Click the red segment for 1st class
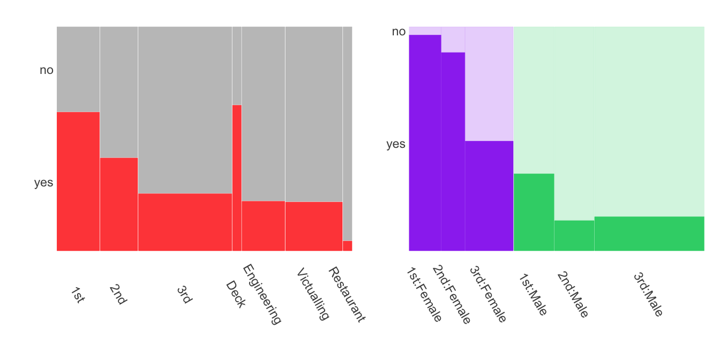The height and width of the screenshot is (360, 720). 78,181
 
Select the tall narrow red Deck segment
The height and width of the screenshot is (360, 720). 237,178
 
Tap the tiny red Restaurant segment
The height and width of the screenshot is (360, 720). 347,246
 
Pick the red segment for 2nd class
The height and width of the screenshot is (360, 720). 119,204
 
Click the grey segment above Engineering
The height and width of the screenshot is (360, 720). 263,114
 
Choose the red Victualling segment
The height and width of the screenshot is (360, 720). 313,226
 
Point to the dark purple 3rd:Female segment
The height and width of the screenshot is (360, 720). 489,196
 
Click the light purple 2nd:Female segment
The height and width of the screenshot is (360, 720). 453,39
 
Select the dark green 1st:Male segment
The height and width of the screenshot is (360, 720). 534,212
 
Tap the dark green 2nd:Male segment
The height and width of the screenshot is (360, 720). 574,236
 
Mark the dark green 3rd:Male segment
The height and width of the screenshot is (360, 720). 649,234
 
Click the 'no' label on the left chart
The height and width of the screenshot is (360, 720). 47,70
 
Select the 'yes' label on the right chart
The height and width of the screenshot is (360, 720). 396,144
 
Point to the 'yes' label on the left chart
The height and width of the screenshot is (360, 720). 44,183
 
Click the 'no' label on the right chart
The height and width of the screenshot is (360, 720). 399,32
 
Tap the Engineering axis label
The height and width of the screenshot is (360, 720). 262,294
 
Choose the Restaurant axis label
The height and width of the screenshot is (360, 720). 346,294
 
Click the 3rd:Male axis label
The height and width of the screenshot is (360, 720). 648,294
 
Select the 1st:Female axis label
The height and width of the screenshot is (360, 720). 423,294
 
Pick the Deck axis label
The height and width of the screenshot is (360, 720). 235,294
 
